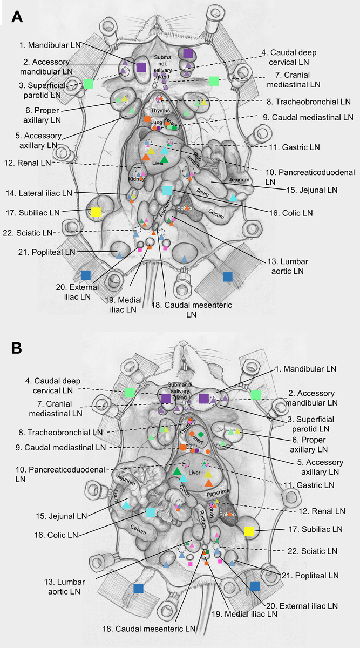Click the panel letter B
pos(17,347)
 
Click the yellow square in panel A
pos(96,212)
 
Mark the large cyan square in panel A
pos(167,191)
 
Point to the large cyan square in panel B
pos(150,512)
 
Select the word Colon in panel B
pos(185,489)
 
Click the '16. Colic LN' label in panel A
pos(293,213)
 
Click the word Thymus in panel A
pos(160,111)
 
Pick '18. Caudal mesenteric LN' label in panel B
pos(150,629)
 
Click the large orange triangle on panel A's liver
pos(146,157)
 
